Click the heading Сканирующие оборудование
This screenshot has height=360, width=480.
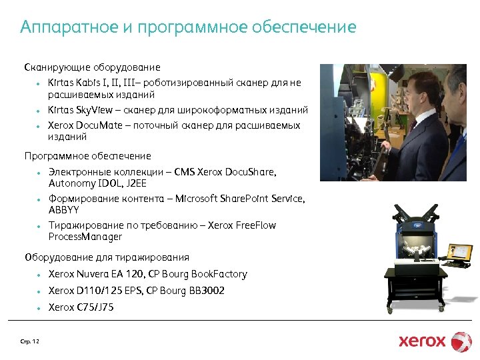(x=92, y=67)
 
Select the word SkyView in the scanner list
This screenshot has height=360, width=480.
(x=95, y=110)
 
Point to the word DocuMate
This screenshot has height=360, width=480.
(x=96, y=125)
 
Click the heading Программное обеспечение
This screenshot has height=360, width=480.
(x=87, y=156)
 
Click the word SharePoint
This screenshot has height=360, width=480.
(x=253, y=199)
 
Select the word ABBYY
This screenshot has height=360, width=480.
(x=63, y=209)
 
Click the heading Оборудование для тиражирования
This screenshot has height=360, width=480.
(x=107, y=257)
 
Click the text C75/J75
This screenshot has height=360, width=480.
(x=95, y=307)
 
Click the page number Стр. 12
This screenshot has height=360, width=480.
(x=30, y=342)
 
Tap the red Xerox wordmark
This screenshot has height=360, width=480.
(x=422, y=341)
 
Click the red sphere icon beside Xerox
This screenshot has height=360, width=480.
(x=461, y=341)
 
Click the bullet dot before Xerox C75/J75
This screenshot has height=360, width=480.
(x=39, y=308)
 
